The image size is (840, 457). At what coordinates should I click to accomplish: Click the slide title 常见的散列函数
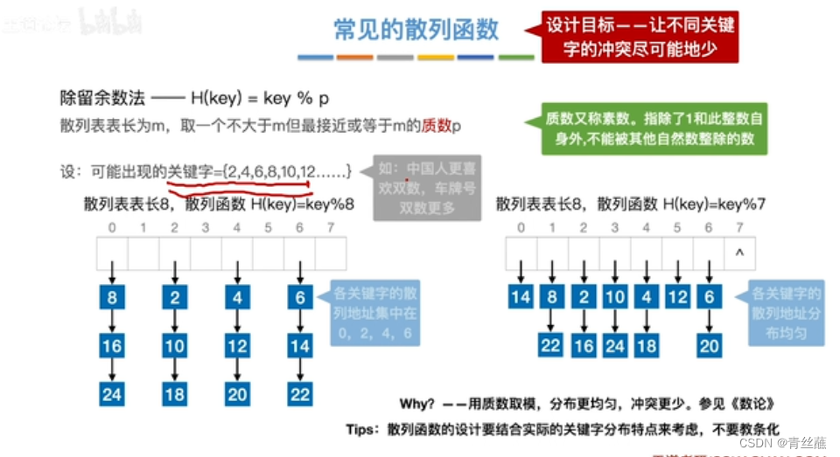(416, 30)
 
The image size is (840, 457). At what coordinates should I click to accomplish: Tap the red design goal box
(640, 37)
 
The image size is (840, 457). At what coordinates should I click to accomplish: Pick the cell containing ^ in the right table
(739, 253)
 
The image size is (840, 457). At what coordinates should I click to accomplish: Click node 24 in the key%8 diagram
(112, 394)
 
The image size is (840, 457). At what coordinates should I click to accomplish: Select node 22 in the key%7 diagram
(551, 345)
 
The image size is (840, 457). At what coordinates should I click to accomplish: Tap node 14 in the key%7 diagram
(521, 297)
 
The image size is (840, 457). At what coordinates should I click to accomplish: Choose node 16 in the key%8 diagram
(112, 346)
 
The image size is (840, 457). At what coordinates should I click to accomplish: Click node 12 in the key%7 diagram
(677, 297)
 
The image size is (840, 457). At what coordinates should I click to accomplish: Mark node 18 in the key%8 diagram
(175, 394)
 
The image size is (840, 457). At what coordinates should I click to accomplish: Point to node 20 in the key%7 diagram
(709, 345)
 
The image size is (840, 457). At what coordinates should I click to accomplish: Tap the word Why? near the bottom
(417, 404)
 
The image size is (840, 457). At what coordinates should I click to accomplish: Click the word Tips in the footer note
(361, 430)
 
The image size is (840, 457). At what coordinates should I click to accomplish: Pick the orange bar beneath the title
(354, 58)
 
